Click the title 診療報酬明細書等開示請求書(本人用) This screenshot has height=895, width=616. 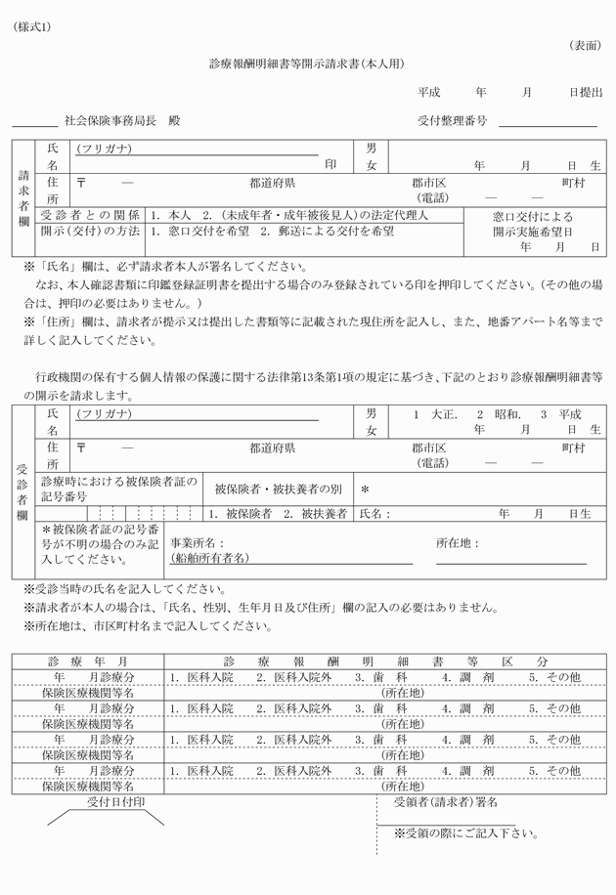pos(307,64)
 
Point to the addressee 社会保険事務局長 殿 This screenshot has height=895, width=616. pos(121,121)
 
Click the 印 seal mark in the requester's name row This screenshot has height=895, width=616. pos(330,165)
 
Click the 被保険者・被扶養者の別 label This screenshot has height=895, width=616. pos(279,489)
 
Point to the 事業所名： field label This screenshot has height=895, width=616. pos(198,542)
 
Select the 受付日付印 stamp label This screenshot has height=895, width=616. pos(115,802)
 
